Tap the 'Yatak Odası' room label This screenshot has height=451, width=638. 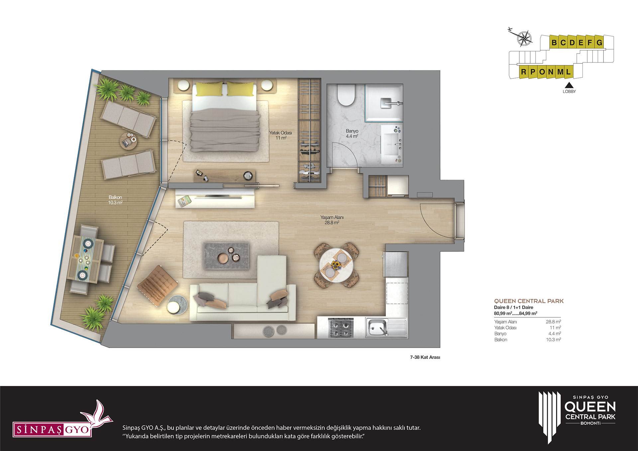pos(280,133)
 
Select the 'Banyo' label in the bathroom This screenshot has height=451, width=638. pos(352,131)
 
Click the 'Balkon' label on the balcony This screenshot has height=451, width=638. pos(115,197)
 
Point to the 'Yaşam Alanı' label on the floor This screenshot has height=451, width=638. pos(332,217)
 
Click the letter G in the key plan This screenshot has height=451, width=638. pos(599,43)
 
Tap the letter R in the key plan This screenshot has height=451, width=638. pos(524,72)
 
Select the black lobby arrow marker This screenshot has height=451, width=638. pos(569,85)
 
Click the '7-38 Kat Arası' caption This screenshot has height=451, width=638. pos(425,357)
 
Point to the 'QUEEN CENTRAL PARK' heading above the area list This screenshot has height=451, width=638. pos(529,301)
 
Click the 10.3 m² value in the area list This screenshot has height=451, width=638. pos(553,340)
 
